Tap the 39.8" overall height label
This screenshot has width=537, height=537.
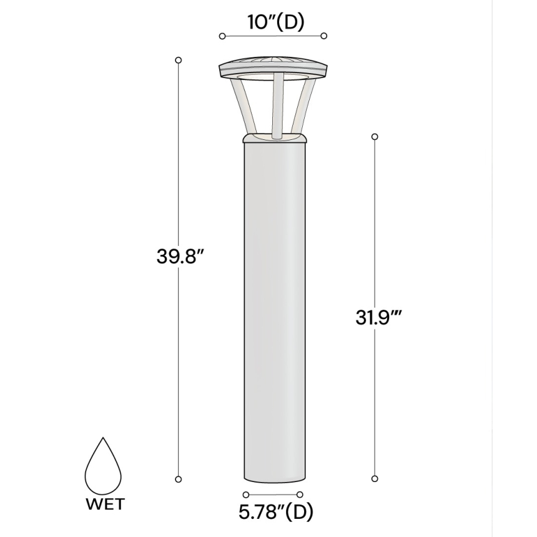coord(180,257)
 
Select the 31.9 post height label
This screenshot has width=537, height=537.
coord(378,318)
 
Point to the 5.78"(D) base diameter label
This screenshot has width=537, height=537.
coord(275,513)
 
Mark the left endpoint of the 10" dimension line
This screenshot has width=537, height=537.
coord(222,36)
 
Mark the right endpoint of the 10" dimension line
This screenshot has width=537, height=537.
coord(323,36)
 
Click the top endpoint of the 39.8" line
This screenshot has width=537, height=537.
coord(179,60)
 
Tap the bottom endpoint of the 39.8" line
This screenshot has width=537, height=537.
coord(179,479)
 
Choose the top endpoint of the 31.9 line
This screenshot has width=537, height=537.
coord(375,136)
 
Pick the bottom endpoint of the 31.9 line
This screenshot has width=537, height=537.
coord(375,479)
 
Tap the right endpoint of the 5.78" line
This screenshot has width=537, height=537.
coord(300,495)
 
